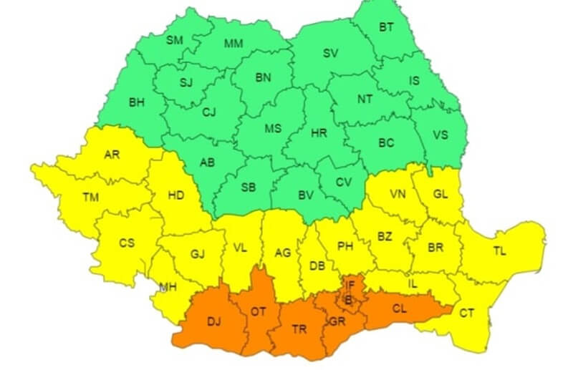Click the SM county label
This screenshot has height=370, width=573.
[175, 40]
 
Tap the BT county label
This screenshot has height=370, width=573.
[386, 28]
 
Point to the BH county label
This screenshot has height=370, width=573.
[136, 102]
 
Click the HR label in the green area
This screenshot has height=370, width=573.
[319, 134]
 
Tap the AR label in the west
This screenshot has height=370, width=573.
[112, 154]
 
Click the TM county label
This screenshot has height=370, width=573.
[91, 196]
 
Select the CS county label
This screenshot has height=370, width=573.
[127, 243]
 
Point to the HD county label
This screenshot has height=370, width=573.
[175, 195]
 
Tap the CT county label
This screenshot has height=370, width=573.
[467, 312]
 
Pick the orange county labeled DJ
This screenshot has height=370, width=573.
[213, 322]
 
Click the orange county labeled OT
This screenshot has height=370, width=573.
[258, 311]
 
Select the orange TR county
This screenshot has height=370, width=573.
[299, 330]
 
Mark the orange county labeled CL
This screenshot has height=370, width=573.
[402, 309]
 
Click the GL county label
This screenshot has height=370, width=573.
[440, 194]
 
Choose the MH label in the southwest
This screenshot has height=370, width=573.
[168, 287]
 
